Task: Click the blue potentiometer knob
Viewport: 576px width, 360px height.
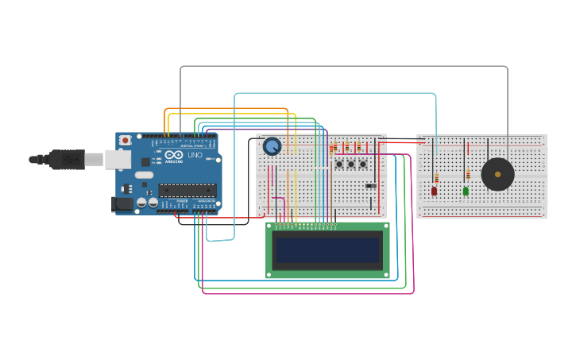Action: point(272,146)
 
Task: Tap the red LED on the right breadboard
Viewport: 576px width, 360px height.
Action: point(435,191)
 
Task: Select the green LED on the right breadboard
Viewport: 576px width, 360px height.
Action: point(466,191)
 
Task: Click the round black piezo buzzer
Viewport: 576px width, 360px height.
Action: point(498,174)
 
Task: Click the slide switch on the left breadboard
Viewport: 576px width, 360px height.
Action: point(371,186)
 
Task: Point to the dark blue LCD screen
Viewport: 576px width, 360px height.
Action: point(327,250)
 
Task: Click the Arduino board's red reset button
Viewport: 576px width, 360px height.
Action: point(125,140)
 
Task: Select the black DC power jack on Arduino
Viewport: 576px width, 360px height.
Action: point(122,204)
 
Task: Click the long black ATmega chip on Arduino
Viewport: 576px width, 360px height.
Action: point(187,190)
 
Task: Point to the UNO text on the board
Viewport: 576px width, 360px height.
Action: point(195,155)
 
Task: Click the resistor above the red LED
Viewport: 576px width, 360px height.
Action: point(436,177)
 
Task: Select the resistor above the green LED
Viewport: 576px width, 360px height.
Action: point(468,174)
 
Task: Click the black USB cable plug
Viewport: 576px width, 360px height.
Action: point(67,159)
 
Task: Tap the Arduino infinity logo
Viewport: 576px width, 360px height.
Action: point(175,154)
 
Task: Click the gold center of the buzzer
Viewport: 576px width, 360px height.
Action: point(498,174)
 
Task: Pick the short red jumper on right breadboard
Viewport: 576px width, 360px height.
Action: point(468,148)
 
